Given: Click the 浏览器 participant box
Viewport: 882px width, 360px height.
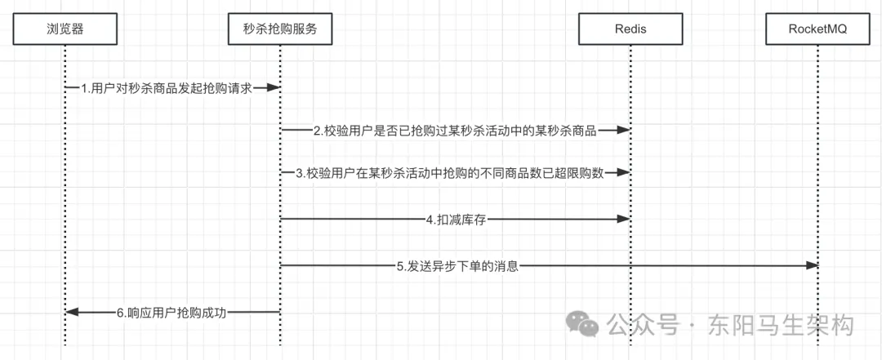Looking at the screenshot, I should click(65, 30).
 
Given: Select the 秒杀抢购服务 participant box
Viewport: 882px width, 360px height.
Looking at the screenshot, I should click(279, 30).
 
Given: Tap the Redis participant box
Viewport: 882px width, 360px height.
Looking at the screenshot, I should click(630, 30).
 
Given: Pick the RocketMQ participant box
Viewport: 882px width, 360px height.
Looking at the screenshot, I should click(817, 30).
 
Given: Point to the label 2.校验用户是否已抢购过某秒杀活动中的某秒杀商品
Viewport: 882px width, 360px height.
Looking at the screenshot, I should click(455, 130).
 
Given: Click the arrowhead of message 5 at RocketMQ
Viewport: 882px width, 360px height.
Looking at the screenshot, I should click(813, 265).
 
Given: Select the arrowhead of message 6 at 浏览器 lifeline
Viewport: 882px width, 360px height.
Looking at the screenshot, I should click(71, 312).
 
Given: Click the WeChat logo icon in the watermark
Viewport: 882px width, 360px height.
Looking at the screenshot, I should click(587, 324).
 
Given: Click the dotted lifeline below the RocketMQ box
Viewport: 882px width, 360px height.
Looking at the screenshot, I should click(817, 163).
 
